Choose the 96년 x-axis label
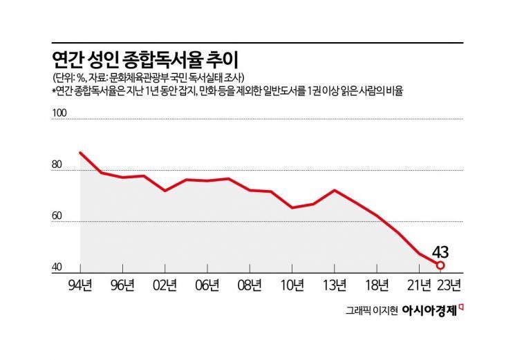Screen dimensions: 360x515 [123, 284]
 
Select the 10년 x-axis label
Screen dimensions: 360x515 [292, 284]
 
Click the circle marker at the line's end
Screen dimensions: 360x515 [440, 265]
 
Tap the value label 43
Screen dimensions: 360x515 [440, 251]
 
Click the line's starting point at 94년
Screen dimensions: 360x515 [81, 153]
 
